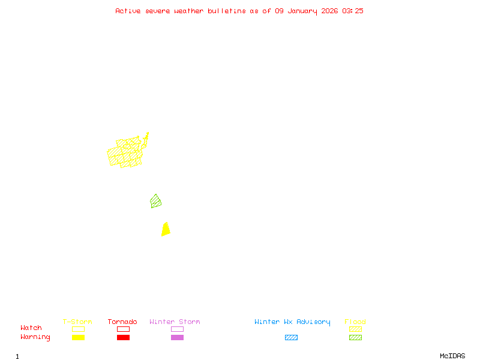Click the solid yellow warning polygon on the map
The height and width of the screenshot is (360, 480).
coord(166,230)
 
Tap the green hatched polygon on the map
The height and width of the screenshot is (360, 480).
coord(156,202)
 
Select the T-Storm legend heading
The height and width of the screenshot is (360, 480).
coord(77,322)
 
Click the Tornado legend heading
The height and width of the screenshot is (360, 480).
coord(122,322)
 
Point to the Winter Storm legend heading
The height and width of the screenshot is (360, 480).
coord(175,322)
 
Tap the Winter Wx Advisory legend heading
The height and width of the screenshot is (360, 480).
coord(292,322)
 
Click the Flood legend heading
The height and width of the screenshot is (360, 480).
coord(355,322)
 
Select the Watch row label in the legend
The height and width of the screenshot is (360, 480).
coord(31,328)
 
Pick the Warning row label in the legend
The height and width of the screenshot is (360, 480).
coord(35,337)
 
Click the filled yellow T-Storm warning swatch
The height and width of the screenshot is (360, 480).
coord(78,337)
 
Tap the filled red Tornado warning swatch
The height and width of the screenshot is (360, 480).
coord(123,337)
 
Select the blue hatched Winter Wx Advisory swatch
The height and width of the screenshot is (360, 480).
coord(291,337)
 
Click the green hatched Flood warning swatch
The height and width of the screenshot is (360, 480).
coord(355,337)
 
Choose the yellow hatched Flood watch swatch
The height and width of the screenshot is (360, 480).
coord(355,329)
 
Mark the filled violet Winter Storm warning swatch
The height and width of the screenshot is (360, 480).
coord(177,337)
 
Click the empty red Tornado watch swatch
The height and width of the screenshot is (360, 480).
coord(123,329)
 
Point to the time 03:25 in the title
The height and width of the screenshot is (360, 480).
coord(353,11)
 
